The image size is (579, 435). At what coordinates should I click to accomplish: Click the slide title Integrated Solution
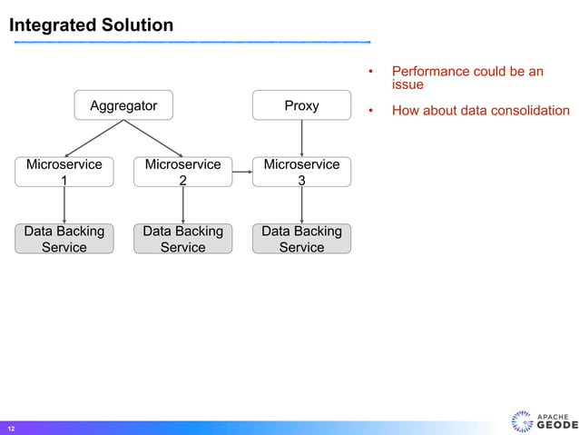point(91,25)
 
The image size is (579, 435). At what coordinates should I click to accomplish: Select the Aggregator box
point(123,105)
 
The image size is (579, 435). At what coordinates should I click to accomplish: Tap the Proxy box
point(301,105)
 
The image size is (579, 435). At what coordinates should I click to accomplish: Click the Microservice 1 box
point(64,172)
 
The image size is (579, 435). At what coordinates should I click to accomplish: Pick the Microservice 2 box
point(182,172)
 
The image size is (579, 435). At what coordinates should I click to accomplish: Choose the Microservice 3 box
point(301,172)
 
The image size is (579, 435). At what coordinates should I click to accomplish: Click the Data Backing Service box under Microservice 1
point(64,239)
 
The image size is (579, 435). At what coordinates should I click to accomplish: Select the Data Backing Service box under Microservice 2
point(182,239)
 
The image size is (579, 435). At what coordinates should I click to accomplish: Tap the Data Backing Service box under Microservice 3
point(301,239)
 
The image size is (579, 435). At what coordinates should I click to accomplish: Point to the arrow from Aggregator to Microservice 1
point(93,138)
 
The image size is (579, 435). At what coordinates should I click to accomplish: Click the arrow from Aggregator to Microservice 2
point(153,138)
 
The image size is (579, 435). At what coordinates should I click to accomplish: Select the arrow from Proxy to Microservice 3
point(301,138)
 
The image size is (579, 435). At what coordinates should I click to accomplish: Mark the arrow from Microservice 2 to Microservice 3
point(241,172)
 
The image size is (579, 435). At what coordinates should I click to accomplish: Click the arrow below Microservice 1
point(64,205)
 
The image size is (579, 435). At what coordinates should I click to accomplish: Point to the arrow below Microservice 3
point(301,205)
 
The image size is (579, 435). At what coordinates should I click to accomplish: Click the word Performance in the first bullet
point(429,71)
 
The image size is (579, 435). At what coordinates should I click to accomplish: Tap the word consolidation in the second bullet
point(529,111)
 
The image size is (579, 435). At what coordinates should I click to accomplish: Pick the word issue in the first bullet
point(407,84)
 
